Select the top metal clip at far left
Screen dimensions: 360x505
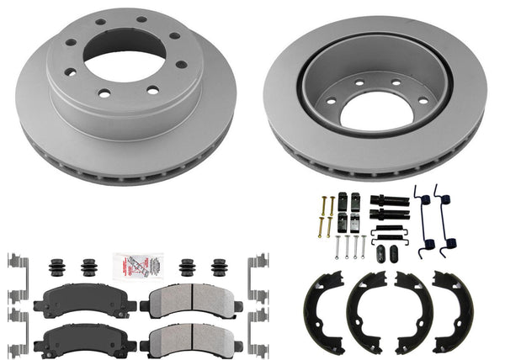14,263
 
